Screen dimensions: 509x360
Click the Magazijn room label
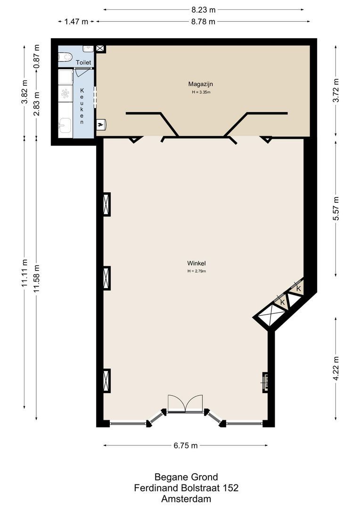[197, 84]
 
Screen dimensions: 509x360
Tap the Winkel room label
[196, 263]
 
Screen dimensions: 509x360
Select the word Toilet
[83, 62]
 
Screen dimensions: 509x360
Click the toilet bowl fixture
[65, 57]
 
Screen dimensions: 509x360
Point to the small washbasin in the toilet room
[88, 49]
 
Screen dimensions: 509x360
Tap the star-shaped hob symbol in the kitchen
[65, 94]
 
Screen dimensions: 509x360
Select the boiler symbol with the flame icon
[101, 124]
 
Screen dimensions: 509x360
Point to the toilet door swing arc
[80, 73]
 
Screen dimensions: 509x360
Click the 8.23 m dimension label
[204, 9]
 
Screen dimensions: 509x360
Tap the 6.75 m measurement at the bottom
[186, 445]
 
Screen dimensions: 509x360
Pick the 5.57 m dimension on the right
[336, 208]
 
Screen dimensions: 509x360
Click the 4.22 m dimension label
[336, 369]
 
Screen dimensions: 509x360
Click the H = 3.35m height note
[197, 92]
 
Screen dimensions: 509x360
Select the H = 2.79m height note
[196, 271]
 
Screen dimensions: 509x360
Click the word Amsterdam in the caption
[186, 499]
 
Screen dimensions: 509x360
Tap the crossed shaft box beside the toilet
[100, 49]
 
